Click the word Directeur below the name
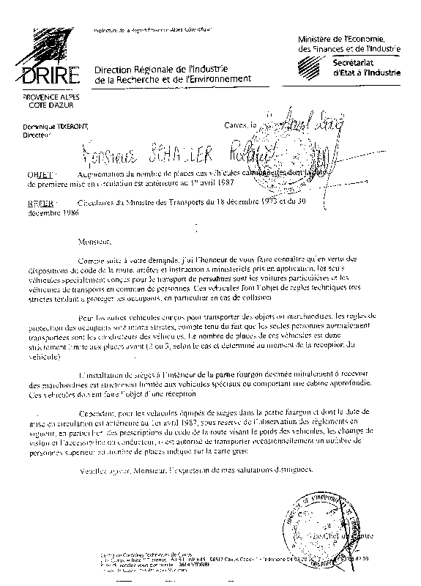[x=37, y=136]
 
